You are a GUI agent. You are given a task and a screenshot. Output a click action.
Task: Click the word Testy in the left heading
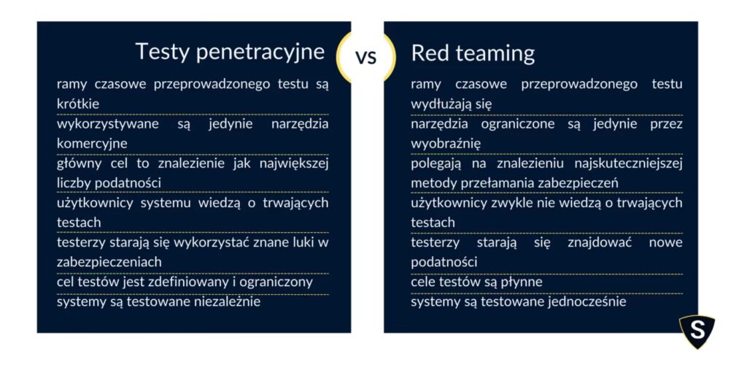pyautogui.click(x=163, y=52)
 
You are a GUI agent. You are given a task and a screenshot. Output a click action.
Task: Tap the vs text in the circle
pyautogui.click(x=366, y=57)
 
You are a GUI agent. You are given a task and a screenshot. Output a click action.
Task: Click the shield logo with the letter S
pyautogui.click(x=697, y=331)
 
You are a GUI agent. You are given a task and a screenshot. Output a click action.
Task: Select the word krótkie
pyautogui.click(x=78, y=104)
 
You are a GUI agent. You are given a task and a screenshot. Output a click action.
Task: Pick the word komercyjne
pyautogui.click(x=92, y=144)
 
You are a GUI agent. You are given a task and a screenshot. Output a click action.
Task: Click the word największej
pyautogui.click(x=295, y=164)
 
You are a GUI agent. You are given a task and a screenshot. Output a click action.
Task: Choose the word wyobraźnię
pyautogui.click(x=446, y=144)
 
